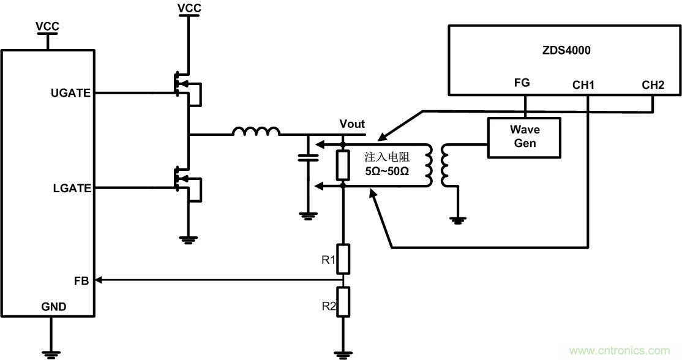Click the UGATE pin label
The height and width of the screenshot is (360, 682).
(72, 93)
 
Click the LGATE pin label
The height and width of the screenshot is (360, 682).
(72, 189)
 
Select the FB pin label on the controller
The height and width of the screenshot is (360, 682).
(81, 280)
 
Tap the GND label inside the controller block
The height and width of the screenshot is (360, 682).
(54, 306)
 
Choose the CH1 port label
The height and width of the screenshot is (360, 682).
(583, 85)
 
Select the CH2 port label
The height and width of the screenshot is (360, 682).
(653, 85)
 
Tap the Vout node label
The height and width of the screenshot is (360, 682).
(352, 124)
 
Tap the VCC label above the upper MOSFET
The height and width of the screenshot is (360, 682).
(189, 8)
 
